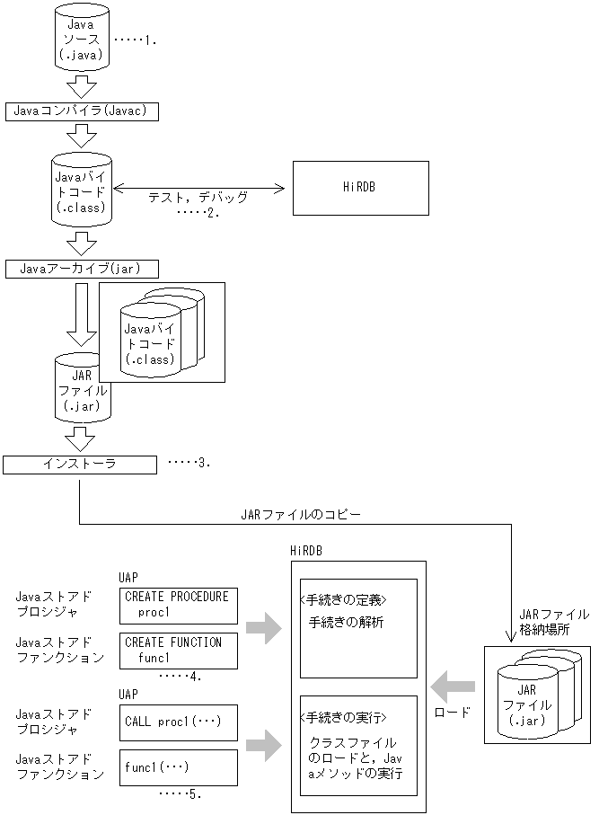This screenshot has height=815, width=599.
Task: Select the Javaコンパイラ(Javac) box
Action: coord(82,111)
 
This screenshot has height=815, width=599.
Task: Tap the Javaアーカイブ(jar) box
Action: coord(82,269)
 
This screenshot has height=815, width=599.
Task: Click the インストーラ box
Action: coord(79,464)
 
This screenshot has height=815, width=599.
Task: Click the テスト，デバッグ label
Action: coord(198,195)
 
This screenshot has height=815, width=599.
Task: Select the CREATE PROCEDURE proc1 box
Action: coord(177,605)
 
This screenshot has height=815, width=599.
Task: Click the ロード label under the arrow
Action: coord(452,712)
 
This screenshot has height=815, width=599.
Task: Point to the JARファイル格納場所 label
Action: coord(554,622)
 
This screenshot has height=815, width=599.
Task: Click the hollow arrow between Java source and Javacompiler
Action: coord(82,86)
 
